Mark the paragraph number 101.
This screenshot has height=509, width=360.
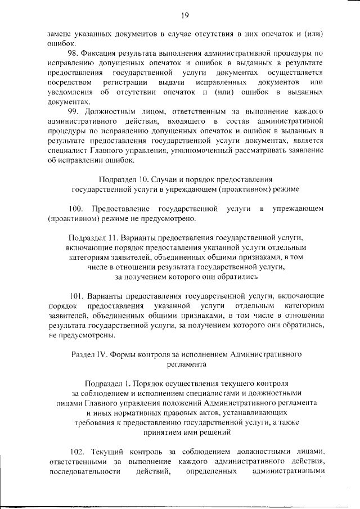[78, 295]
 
